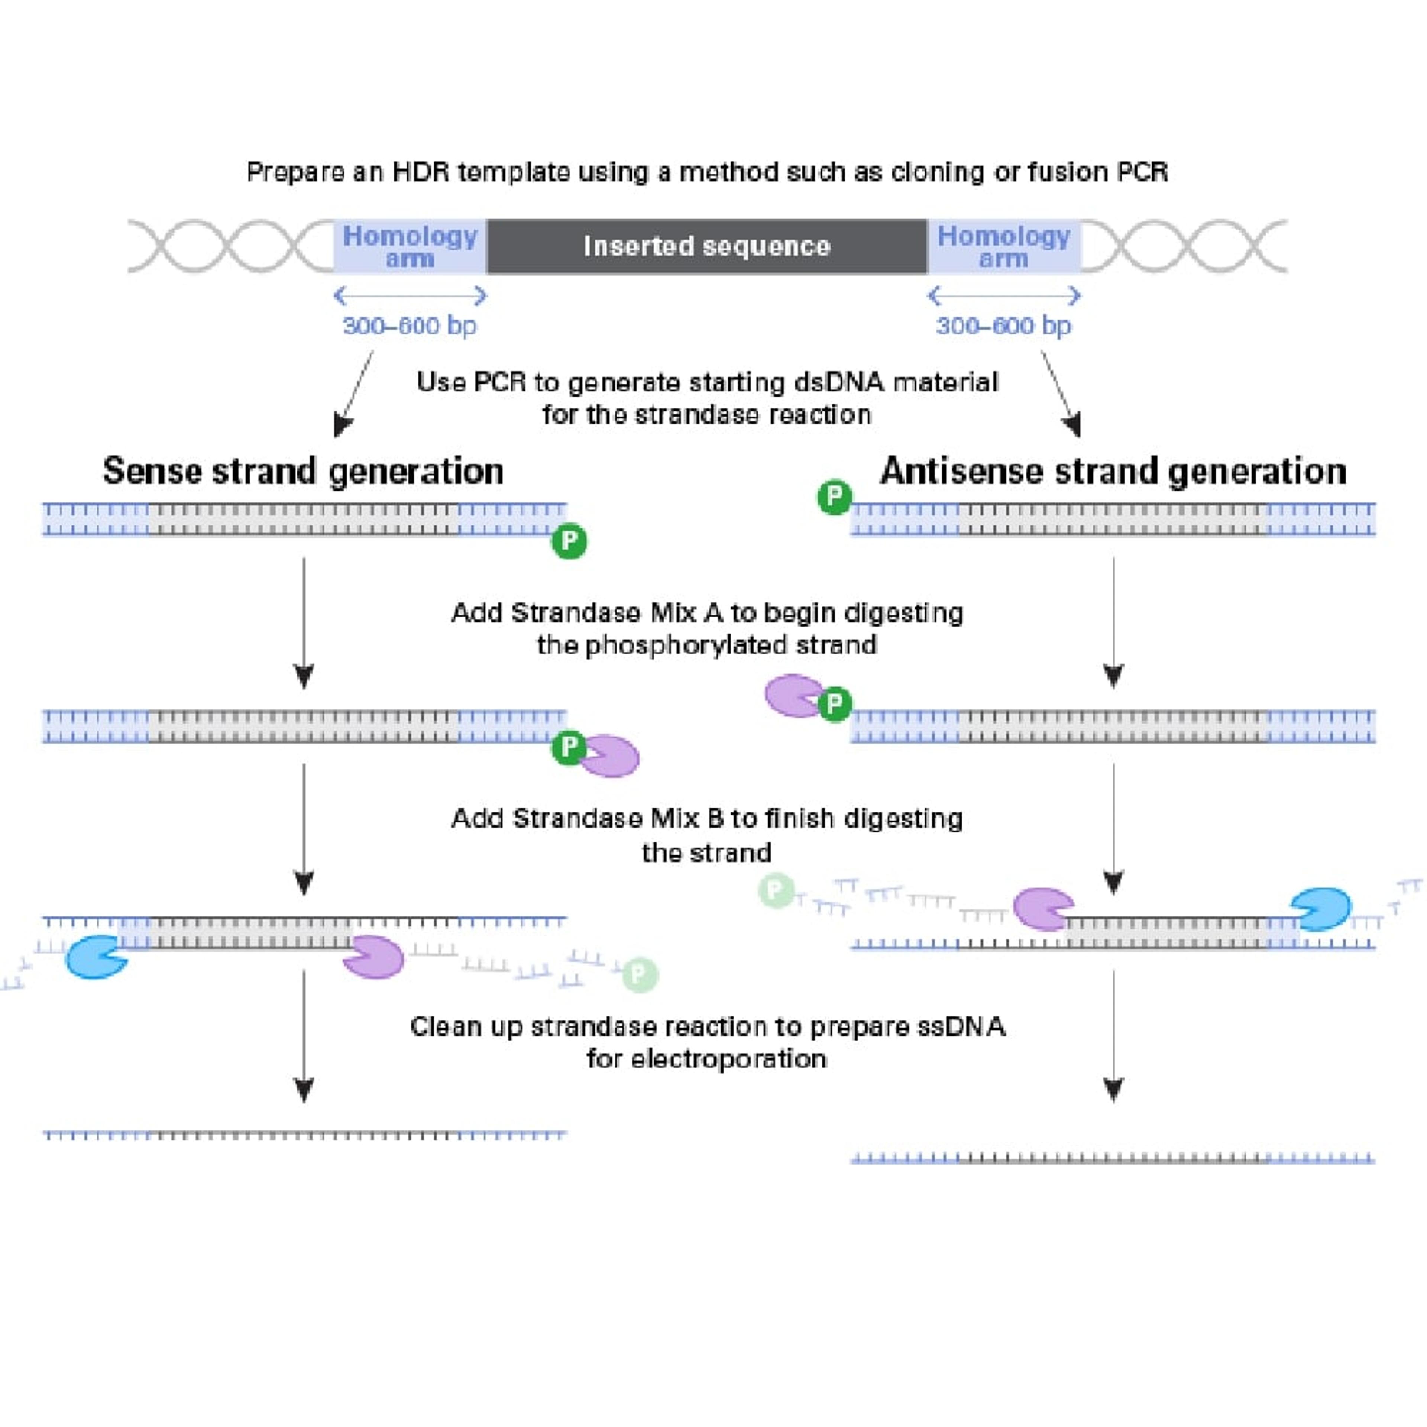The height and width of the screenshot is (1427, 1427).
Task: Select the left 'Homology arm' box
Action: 410,246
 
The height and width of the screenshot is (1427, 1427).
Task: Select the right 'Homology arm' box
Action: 1003,246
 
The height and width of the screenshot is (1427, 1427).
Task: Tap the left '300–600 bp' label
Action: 410,326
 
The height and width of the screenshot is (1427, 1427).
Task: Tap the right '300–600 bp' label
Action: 1003,326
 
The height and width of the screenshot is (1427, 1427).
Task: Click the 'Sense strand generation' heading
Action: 303,471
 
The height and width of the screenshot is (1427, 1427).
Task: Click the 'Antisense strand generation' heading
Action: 1113,471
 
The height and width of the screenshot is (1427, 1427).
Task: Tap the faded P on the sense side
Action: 640,975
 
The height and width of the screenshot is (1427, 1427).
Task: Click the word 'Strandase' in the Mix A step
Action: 575,613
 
